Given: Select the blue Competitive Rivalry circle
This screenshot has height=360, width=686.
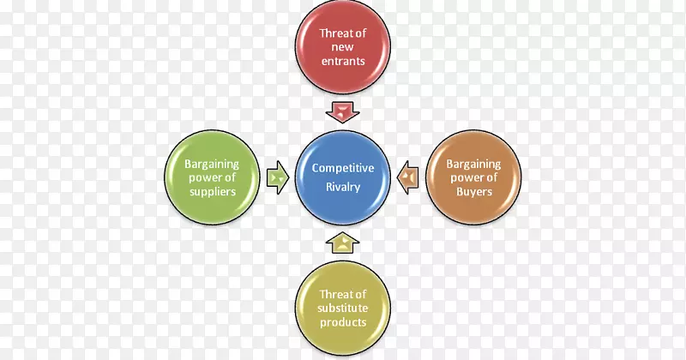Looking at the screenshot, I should point(343,178).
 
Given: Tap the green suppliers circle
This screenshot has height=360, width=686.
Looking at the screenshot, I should point(210,177).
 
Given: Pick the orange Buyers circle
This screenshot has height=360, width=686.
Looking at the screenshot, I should point(473,177).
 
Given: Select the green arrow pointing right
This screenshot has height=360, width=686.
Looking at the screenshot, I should point(278,177).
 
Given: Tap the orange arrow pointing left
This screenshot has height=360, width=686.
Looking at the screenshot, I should point(408,177).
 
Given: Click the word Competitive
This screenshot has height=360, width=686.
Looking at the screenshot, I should point(343,169).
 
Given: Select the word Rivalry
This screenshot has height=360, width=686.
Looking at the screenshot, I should point(343,186).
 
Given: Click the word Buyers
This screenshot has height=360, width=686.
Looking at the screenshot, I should point(473,192).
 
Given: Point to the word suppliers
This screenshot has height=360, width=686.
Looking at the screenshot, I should point(210,192).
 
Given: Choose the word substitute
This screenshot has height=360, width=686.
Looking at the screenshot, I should point(343,308).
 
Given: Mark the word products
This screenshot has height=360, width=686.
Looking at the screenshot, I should point(343,322).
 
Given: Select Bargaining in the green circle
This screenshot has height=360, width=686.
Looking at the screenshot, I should point(210,163).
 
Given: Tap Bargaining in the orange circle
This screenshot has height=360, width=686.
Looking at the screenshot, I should point(473,163).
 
